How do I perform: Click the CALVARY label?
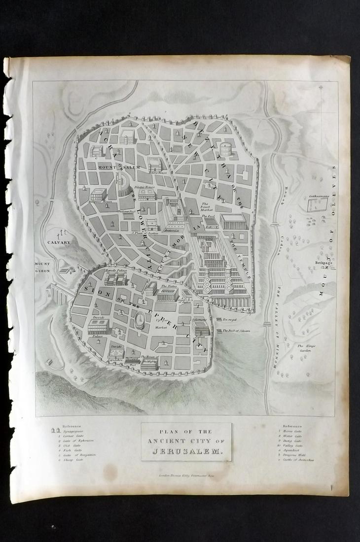(x=59, y=242)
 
